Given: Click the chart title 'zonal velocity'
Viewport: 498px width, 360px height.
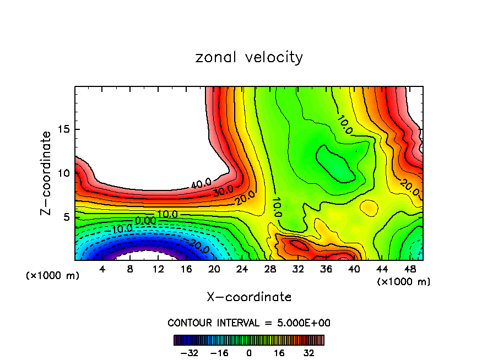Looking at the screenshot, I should tap(249, 57).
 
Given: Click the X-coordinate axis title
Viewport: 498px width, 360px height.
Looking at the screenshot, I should tap(249, 297).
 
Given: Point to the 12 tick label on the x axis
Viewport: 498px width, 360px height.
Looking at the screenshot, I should tap(158, 269).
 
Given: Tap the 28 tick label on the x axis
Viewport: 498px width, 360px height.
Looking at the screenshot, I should tap(270, 269).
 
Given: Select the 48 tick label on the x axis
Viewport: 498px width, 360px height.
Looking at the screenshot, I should tap(410, 269).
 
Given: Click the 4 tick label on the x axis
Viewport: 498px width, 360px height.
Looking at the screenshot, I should tap(102, 269).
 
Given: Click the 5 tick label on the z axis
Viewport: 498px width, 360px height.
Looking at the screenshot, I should tap(65, 217).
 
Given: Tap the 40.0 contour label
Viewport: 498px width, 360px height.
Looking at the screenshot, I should tap(201, 184).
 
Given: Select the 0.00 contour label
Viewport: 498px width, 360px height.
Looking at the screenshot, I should tap(145, 221).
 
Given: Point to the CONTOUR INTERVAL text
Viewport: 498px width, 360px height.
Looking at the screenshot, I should tap(249, 323).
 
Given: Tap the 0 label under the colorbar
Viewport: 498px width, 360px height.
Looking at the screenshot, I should tap(249, 352).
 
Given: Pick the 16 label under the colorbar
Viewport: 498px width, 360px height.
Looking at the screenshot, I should tap(279, 352).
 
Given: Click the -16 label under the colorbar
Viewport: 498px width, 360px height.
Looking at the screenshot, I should tap(219, 352).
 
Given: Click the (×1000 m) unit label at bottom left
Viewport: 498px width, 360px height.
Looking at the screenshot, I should tap(52, 276).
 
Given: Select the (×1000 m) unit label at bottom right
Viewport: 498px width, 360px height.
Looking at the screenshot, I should tap(404, 282).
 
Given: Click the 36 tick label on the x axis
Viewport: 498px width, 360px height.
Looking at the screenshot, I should tap(326, 269).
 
